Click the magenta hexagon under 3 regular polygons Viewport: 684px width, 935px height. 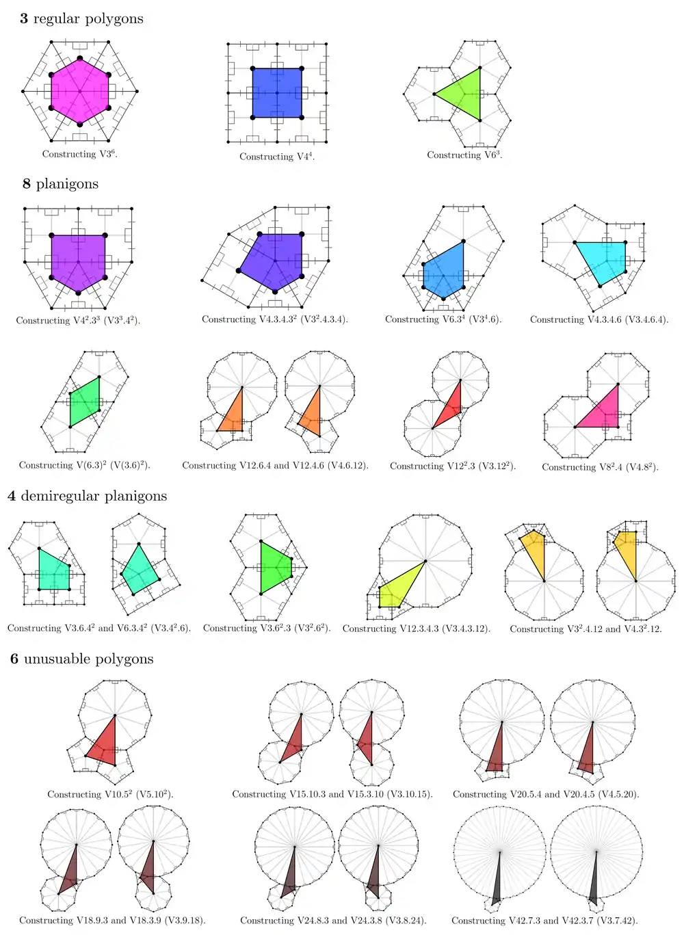79,91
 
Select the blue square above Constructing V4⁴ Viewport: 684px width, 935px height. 277,92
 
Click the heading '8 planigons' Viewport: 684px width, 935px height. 60,184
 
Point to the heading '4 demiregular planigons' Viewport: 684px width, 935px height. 87,496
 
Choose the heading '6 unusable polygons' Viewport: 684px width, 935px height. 81,659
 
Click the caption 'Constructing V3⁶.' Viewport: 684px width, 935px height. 80,155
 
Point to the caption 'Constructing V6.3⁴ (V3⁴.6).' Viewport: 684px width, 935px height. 443,319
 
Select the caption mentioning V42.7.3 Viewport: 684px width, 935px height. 544,921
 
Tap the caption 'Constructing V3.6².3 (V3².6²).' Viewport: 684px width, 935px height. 267,628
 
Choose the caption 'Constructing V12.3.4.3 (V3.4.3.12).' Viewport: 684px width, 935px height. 417,629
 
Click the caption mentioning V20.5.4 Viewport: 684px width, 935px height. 546,794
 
